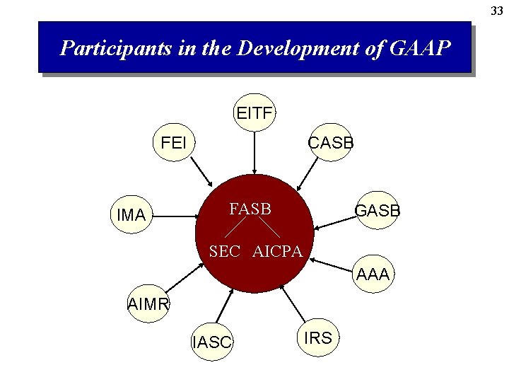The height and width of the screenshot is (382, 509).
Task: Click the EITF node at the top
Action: click(255, 112)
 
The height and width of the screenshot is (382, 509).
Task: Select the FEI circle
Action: click(174, 143)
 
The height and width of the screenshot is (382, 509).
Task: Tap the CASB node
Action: click(331, 143)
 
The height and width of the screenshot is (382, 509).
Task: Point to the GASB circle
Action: click(377, 211)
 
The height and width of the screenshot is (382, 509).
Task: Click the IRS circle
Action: click(317, 338)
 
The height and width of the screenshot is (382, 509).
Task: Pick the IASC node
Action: click(211, 342)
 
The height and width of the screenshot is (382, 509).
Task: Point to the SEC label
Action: click(225, 251)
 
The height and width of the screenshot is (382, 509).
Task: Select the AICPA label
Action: click(277, 251)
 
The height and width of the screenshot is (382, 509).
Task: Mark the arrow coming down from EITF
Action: click(255, 152)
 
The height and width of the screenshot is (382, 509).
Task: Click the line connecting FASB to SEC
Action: click(236, 226)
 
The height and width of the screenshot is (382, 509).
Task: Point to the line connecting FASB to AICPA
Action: click(267, 226)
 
